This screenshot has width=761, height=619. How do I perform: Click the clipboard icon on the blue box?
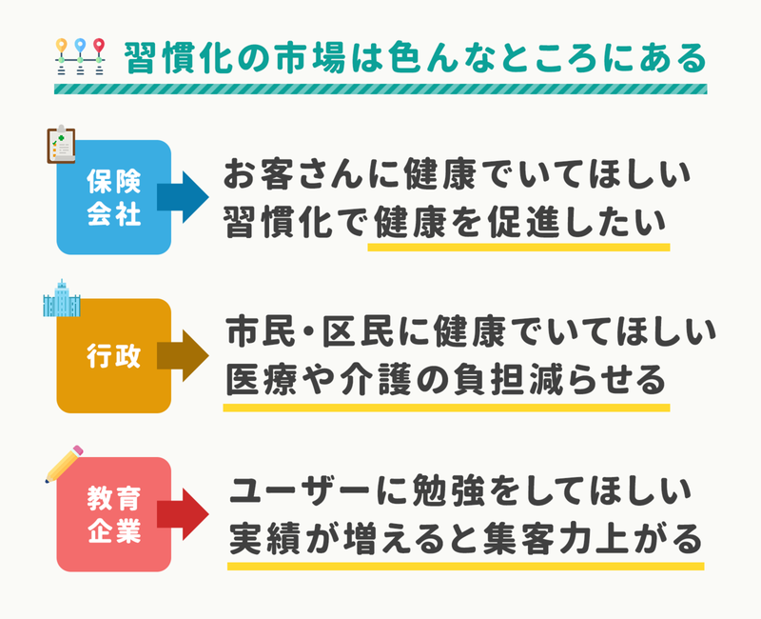pyautogui.click(x=61, y=145)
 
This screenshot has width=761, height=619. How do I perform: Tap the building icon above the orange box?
pyautogui.click(x=62, y=298)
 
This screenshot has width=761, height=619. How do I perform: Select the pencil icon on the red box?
pyautogui.click(x=64, y=464)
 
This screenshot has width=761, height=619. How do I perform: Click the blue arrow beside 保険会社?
pyautogui.click(x=183, y=197)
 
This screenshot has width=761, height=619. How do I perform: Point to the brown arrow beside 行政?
pyautogui.click(x=183, y=355)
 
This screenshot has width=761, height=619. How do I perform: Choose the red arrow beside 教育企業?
pyautogui.click(x=183, y=514)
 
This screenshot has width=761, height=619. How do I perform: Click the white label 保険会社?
pyautogui.click(x=114, y=197)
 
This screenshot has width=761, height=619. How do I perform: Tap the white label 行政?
pyautogui.click(x=114, y=355)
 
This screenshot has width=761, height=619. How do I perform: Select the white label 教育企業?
pyautogui.click(x=114, y=514)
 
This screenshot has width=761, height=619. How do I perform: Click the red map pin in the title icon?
pyautogui.click(x=99, y=46)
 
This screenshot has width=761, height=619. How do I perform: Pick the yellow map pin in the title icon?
pyautogui.click(x=61, y=46)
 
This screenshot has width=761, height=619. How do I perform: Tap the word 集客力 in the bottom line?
pyautogui.click(x=536, y=538)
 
